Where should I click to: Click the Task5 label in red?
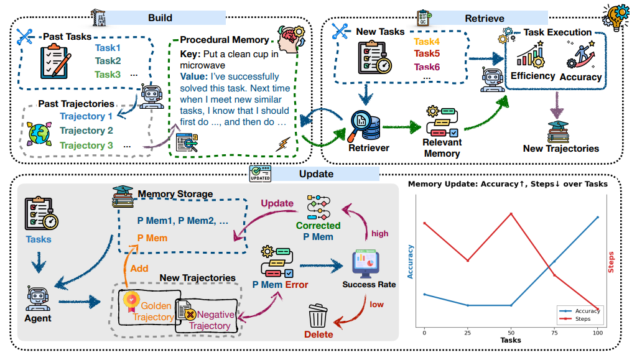[427, 53]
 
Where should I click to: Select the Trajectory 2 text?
[86, 131]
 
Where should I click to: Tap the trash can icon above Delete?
[318, 316]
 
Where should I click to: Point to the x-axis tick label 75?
[554, 333]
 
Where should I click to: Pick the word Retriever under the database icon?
[369, 148]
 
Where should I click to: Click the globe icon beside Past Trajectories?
[39, 134]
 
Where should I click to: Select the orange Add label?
[139, 269]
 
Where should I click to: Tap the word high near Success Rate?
[380, 234]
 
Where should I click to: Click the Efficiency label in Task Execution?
[532, 76]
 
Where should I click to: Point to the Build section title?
[160, 18]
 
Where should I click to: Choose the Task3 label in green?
[108, 75]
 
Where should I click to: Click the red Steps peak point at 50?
[511, 213]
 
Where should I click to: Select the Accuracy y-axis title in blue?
[411, 262]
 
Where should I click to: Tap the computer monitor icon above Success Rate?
[366, 264]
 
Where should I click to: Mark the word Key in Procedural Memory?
[189, 54]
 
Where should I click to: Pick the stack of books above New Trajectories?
[558, 132]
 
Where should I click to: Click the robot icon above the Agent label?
[38, 298]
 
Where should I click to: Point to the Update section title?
[316, 174]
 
